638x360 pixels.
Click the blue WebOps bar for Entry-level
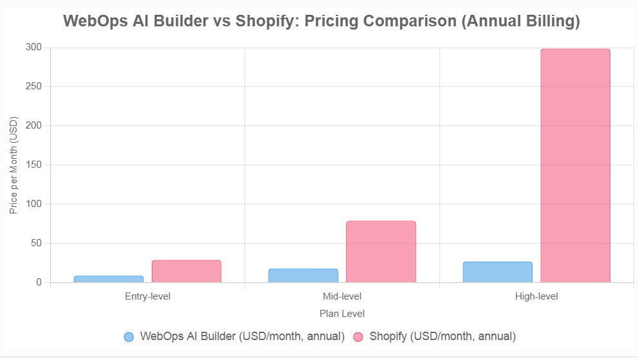[109, 279]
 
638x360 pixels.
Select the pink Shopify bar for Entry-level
[187, 271]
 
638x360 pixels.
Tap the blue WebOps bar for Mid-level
[303, 276]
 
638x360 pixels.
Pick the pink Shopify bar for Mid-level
[381, 251]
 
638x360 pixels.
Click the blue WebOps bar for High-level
[497, 272]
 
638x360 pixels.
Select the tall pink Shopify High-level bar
[575, 166]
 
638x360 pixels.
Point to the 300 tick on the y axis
[34, 48]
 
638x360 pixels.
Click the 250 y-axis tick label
[34, 87]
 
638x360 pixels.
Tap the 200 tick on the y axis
[34, 126]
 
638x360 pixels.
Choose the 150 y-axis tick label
[34, 165]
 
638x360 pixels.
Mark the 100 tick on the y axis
[34, 204]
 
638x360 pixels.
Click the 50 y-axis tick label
[37, 244]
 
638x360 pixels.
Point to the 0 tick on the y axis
[39, 283]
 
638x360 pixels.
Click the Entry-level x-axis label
[147, 297]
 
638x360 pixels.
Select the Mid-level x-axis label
[342, 297]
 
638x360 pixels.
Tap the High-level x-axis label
[536, 297]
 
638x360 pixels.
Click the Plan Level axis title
[342, 314]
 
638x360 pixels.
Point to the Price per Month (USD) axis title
[14, 165]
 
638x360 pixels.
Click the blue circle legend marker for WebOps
[129, 337]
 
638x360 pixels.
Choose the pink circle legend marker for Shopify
[358, 337]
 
